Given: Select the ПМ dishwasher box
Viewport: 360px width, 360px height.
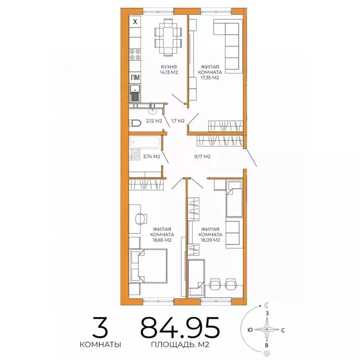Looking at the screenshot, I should [x=135, y=78].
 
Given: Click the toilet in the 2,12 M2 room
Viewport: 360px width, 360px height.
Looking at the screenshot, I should [x=135, y=122].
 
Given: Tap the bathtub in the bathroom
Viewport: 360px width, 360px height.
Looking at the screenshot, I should [x=145, y=141].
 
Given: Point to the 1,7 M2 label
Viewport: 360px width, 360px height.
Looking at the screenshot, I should [x=178, y=121].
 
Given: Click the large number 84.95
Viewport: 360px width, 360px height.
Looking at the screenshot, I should [x=180, y=327].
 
